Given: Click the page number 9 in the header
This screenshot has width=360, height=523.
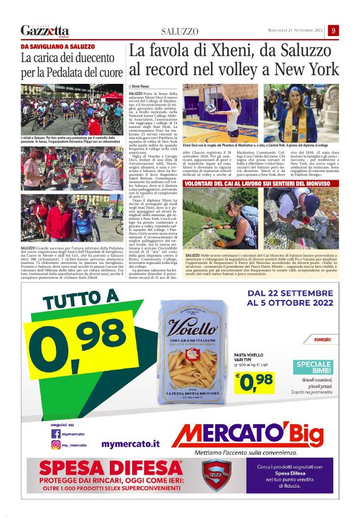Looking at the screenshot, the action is [334, 30].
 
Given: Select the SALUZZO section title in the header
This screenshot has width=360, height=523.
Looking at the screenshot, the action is [180, 31].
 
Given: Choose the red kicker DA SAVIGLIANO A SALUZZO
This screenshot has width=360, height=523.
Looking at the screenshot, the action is [58, 47].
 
